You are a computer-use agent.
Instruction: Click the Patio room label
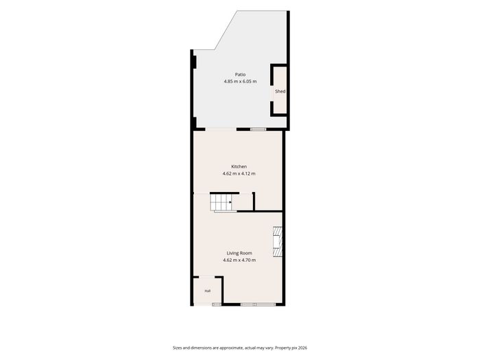[240, 74]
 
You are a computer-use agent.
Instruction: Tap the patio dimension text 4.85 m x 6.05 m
[240, 82]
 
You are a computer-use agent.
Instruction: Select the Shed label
[280, 91]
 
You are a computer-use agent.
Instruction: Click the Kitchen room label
[239, 167]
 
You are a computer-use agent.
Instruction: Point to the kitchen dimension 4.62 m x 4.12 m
[239, 173]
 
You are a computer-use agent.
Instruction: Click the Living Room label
[239, 253]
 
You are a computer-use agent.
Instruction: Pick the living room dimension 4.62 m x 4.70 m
[239, 260]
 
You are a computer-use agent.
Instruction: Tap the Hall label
[208, 291]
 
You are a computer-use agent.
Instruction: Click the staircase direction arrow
[230, 202]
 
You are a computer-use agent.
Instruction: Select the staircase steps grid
[221, 202]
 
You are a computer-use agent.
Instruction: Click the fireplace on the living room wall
[277, 241]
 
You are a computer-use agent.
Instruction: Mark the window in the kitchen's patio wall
[259, 130]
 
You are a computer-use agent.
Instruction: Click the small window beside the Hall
[217, 304]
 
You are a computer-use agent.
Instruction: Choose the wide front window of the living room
[258, 304]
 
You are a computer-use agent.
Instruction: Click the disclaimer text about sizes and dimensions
[223, 348]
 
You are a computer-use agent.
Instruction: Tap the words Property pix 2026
[291, 348]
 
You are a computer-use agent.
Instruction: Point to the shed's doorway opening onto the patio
[272, 93]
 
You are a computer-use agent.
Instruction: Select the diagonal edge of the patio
[226, 30]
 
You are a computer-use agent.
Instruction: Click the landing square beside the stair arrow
[242, 202]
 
